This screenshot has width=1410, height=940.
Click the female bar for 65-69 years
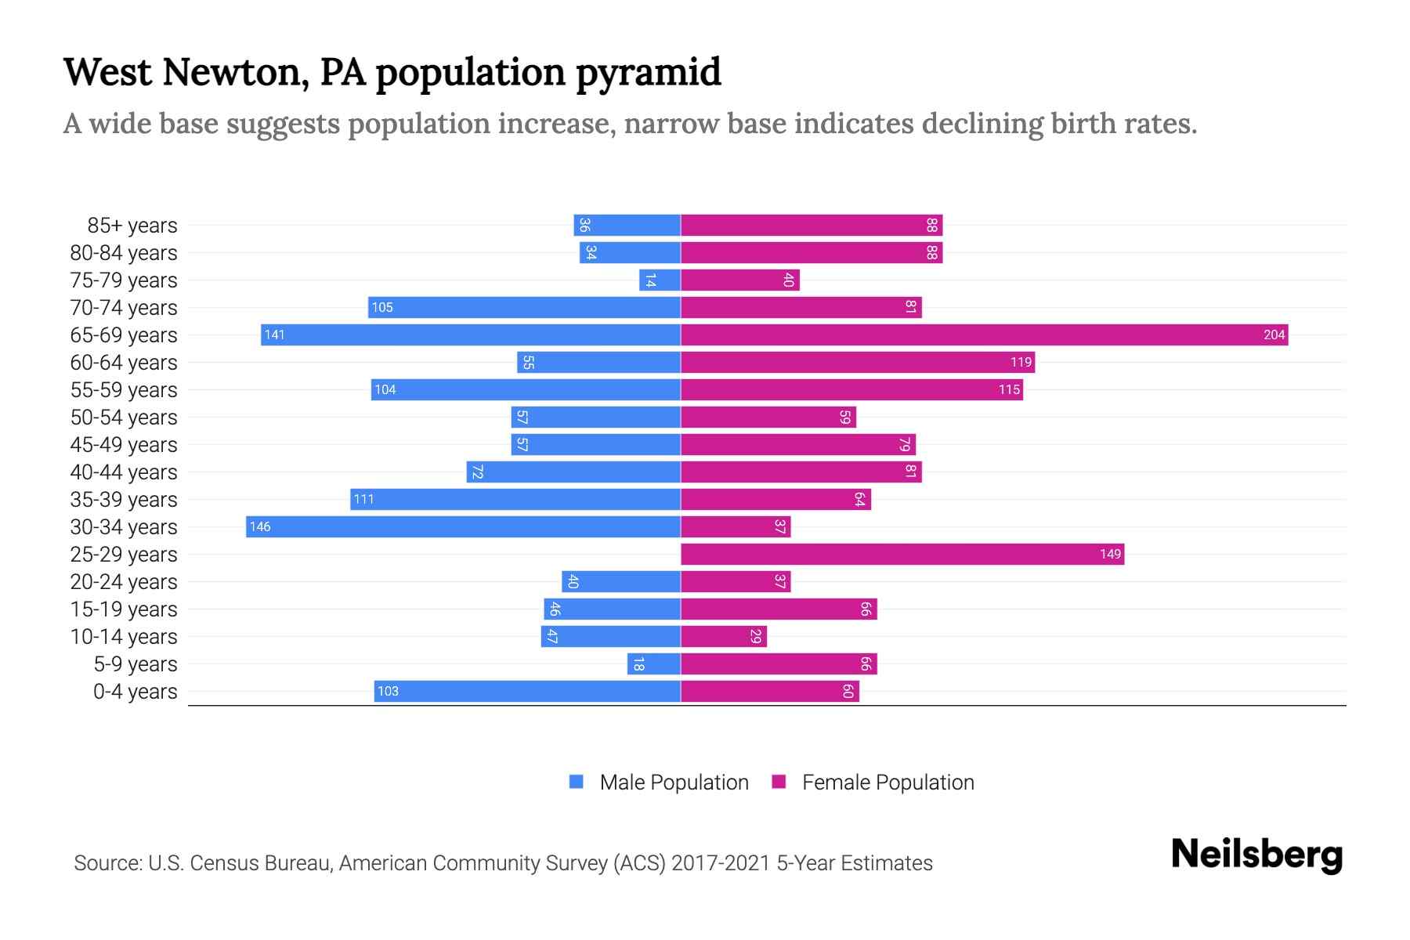984,335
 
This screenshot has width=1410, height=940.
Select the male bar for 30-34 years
463,527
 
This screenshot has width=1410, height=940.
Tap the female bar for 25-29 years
902,555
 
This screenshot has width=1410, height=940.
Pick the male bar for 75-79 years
660,280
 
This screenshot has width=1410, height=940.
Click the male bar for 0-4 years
527,692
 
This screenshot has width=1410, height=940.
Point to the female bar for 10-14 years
724,637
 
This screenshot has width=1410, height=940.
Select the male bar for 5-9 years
654,664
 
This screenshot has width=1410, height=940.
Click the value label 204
1274,335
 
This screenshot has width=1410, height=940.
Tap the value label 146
260,527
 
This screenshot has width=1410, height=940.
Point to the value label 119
1021,363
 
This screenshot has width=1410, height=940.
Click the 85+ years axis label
132,226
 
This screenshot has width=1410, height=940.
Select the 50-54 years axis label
124,418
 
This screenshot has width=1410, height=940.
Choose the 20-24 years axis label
124,582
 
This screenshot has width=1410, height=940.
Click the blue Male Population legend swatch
577,782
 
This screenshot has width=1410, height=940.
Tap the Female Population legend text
888,783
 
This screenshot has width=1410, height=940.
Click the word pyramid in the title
648,73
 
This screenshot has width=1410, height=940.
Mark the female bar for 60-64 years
858,363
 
